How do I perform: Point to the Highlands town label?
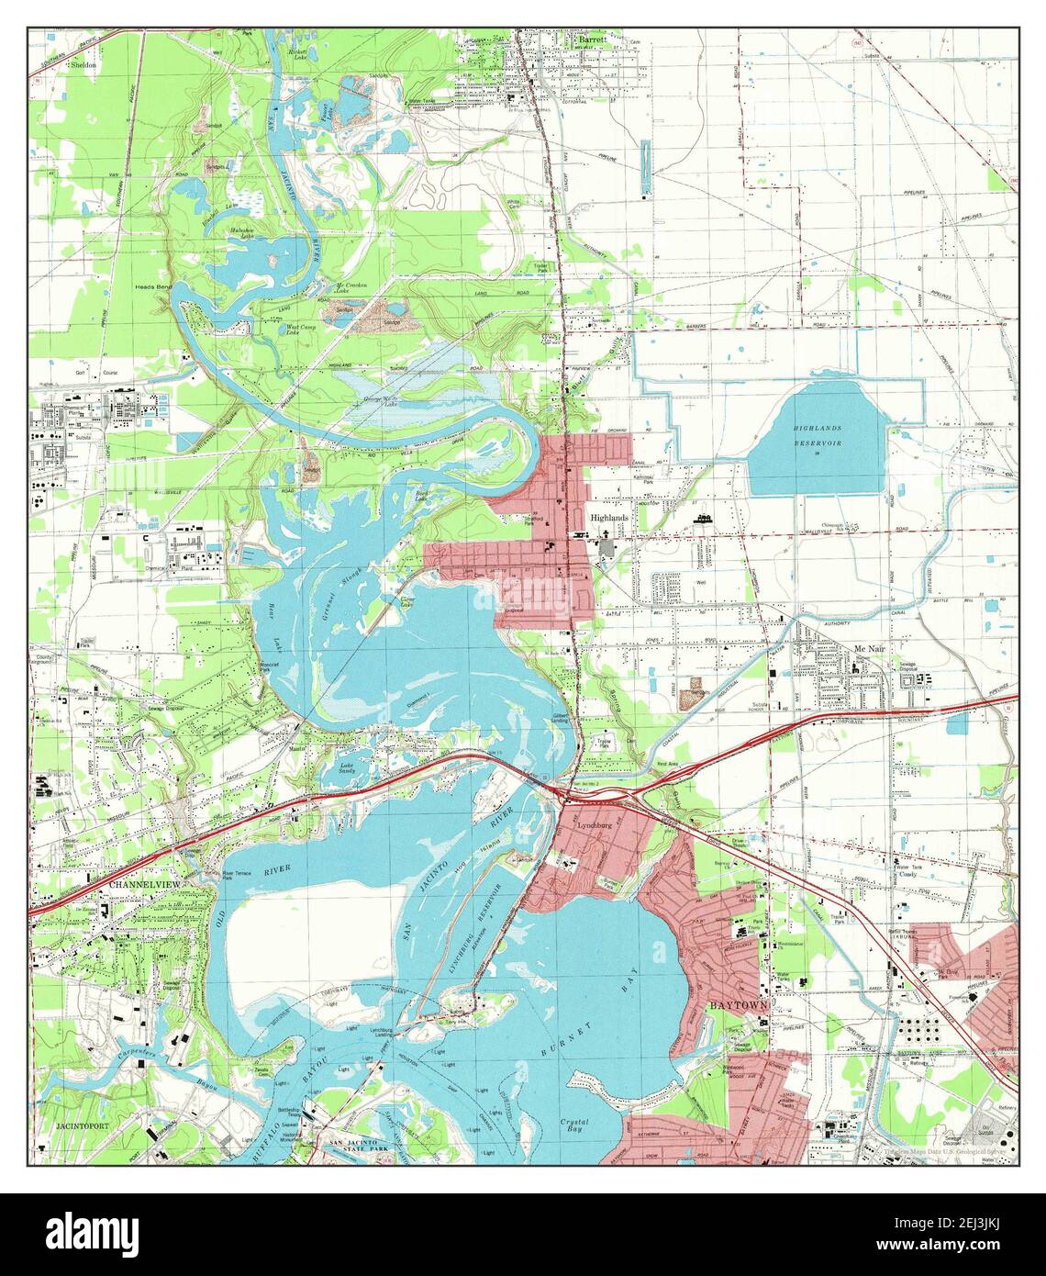[610, 518]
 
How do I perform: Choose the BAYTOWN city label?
[735, 1006]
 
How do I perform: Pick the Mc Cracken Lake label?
[351, 288]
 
